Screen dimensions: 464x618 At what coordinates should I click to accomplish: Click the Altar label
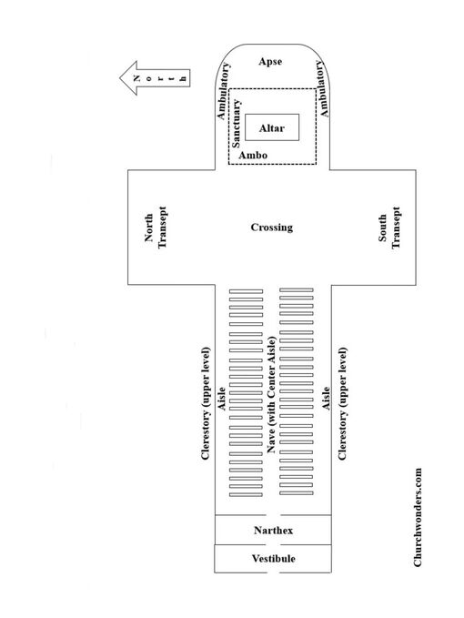(x=272, y=128)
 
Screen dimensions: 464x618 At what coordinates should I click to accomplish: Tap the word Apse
(x=270, y=62)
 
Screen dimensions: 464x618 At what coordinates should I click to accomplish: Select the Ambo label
(x=253, y=155)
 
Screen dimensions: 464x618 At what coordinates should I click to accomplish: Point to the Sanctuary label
(x=236, y=124)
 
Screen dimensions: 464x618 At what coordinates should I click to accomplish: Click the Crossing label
(x=272, y=228)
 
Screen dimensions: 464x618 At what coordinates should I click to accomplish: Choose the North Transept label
(x=156, y=228)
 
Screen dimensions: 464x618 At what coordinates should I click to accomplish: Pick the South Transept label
(x=389, y=228)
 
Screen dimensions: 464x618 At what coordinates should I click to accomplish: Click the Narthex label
(x=273, y=531)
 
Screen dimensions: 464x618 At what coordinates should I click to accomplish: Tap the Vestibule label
(x=273, y=559)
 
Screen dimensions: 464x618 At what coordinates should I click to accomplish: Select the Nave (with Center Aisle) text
(x=271, y=394)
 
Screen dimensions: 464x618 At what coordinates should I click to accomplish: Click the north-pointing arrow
(x=155, y=78)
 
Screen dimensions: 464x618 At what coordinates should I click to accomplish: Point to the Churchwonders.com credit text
(x=418, y=518)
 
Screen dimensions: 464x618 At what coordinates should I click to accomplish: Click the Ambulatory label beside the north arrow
(x=223, y=91)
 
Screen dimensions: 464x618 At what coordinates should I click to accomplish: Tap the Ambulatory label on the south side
(x=321, y=88)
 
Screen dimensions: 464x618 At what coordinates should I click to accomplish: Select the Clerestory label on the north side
(x=206, y=403)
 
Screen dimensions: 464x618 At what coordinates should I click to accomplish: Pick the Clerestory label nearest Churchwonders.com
(x=342, y=403)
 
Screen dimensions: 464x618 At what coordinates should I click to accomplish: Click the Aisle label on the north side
(x=222, y=399)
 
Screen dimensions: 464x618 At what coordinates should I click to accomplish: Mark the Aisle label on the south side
(x=326, y=399)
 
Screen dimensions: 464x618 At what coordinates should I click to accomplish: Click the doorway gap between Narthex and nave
(x=273, y=515)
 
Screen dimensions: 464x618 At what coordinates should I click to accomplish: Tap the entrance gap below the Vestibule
(x=273, y=572)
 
